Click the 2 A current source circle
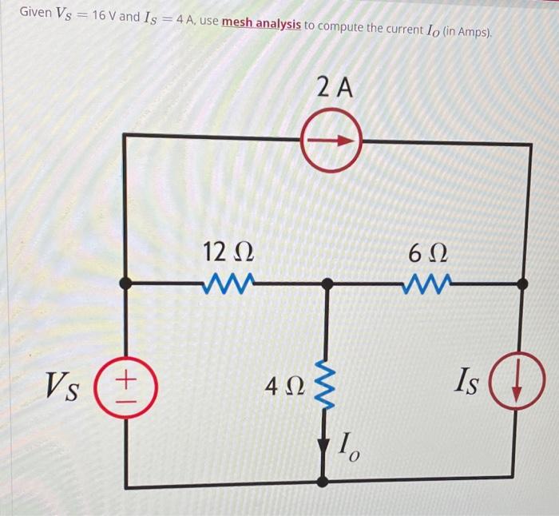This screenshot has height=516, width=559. click(331, 141)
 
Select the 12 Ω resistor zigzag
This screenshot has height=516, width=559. click(230, 283)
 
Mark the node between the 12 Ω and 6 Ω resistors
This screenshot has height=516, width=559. click(326, 284)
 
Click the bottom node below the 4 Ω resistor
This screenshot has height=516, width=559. click(323, 482)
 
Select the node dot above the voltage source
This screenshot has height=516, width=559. click(125, 284)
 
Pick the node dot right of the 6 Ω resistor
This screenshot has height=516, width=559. click(523, 283)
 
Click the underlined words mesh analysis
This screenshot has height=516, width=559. click(261, 25)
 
